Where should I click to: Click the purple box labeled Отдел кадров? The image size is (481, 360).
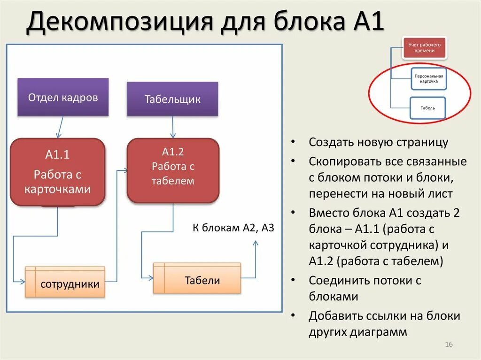[x=63, y=97]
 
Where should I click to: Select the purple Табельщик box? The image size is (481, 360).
[x=172, y=99]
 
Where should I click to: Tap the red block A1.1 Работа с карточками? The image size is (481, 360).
[x=57, y=171]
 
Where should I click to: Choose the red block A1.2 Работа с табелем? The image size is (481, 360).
[x=172, y=170]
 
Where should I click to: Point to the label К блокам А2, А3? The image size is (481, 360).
[x=233, y=228]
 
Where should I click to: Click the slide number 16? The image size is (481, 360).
[x=448, y=345]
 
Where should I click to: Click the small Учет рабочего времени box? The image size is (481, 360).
[x=424, y=47]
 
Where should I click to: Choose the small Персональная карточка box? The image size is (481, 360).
[x=428, y=78]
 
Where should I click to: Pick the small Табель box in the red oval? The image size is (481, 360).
[x=428, y=107]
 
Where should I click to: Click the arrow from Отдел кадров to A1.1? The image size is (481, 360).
[x=60, y=127]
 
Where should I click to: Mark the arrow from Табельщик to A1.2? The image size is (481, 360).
[x=173, y=127]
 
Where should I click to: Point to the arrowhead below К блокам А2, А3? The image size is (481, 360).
[x=256, y=243]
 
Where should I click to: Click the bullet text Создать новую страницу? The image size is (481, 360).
[x=379, y=142]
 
